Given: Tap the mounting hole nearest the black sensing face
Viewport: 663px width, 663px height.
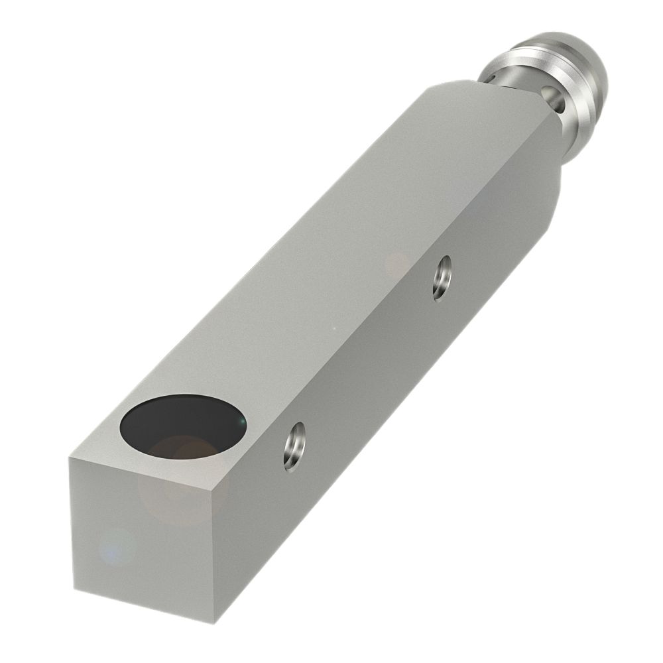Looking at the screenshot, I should (x=294, y=446).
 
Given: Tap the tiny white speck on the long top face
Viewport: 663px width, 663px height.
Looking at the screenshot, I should (x=333, y=327).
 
